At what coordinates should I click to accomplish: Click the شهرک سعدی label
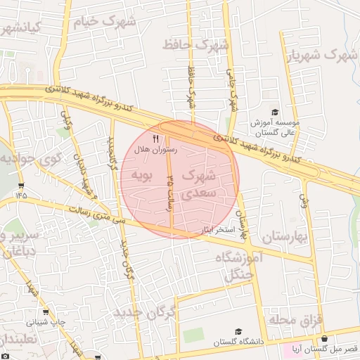click(202, 184)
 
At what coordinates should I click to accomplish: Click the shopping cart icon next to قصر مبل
click(286, 348)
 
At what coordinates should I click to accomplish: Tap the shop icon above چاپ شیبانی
click(46, 312)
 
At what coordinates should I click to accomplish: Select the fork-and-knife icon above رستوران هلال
click(155, 139)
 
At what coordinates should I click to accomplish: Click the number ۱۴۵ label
click(19, 195)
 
